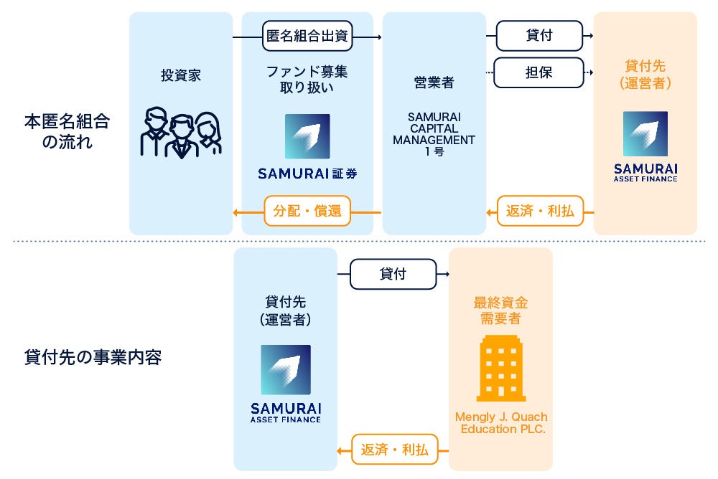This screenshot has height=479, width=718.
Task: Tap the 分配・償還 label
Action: [x=307, y=212]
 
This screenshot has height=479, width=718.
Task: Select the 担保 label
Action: [x=538, y=72]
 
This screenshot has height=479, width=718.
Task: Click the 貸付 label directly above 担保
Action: [x=538, y=35]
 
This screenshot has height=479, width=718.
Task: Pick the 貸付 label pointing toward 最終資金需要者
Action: [x=393, y=274]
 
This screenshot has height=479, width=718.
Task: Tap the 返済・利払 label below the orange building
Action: [x=393, y=450]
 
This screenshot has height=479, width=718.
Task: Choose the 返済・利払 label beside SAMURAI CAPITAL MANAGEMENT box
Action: [x=540, y=212]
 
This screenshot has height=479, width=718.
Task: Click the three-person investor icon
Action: [x=180, y=133]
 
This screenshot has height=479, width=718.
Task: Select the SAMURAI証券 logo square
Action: [x=307, y=136]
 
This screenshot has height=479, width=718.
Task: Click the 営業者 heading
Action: [x=434, y=83]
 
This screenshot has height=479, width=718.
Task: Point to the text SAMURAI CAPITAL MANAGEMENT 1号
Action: [x=434, y=134]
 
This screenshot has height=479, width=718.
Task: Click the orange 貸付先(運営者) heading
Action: [x=645, y=75]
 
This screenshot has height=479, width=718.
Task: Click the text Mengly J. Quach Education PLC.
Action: [x=500, y=423]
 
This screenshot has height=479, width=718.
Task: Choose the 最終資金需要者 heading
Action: [x=500, y=310]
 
